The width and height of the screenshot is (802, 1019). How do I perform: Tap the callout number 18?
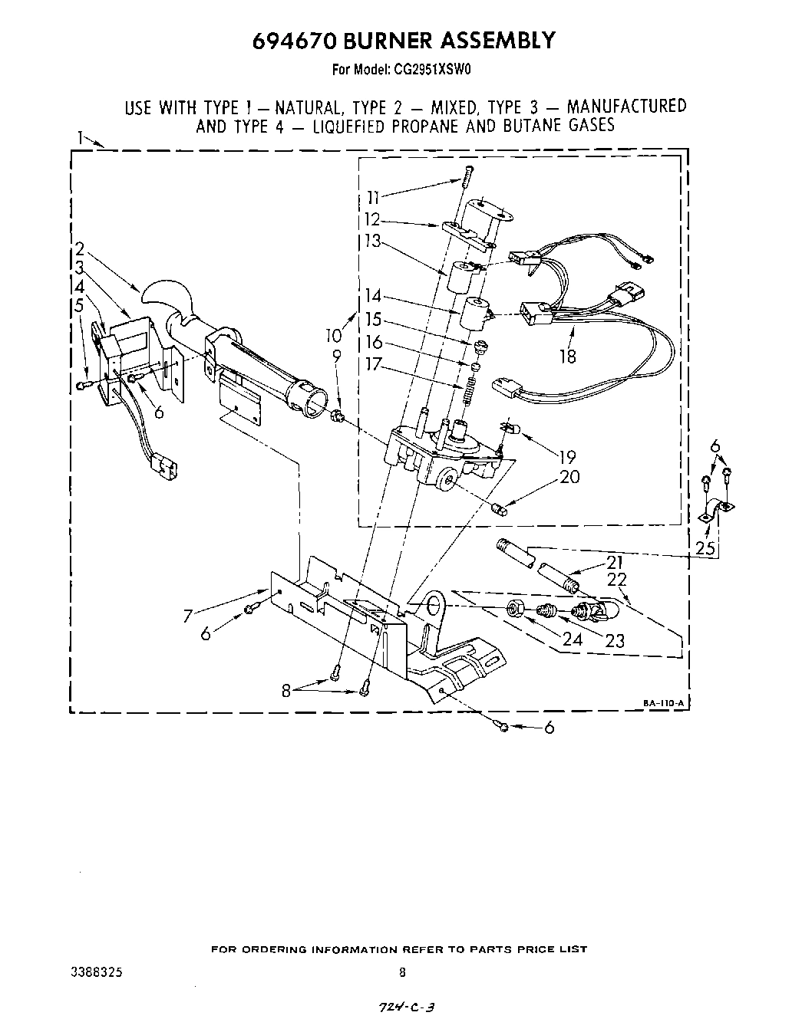(x=567, y=357)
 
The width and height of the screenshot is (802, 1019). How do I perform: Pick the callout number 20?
(x=569, y=477)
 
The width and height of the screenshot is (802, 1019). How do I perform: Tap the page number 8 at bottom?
(x=402, y=971)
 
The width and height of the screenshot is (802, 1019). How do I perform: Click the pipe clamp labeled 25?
(x=718, y=511)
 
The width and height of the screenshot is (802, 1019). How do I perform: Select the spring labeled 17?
(x=466, y=391)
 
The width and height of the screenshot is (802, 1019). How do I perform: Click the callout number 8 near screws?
(x=286, y=689)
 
